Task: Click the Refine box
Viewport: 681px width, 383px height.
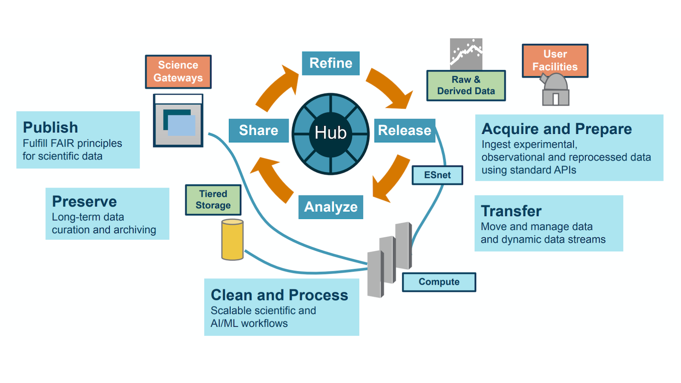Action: pos(331,63)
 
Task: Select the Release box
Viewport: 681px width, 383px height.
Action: pos(405,131)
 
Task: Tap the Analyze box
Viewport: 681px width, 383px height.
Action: pos(331,207)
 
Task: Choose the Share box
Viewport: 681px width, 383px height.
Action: pos(258,131)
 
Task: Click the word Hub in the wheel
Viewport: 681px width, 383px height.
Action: pos(331,133)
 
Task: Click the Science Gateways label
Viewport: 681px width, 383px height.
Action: pos(178,71)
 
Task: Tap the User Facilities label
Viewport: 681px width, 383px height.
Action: pos(555,61)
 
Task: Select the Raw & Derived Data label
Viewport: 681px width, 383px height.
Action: pos(466,86)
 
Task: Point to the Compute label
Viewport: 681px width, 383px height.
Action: pos(439,282)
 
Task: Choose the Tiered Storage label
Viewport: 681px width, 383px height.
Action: pos(213,200)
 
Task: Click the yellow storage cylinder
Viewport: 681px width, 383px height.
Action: pos(232,239)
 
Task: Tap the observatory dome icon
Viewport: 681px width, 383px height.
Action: pos(555,90)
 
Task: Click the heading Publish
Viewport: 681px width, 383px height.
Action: pos(51,127)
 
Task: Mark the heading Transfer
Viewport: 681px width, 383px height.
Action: pos(511,211)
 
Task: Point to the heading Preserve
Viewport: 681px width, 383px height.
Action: pos(84,201)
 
